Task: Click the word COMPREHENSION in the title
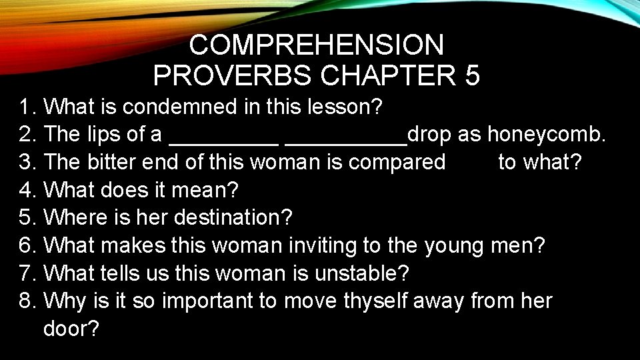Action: click(316, 45)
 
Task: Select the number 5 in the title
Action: click(472, 76)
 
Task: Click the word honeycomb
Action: click(546, 134)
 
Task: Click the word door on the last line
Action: click(70, 329)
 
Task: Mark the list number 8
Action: click(26, 301)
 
